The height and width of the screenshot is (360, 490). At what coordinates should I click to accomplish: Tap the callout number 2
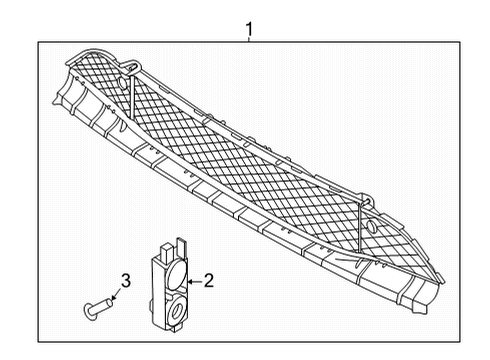coord(209,282)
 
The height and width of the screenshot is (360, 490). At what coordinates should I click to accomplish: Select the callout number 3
coord(126,279)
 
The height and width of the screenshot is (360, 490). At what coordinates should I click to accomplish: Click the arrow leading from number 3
coord(118,292)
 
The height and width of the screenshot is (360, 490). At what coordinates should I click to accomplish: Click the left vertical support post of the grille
coord(130,95)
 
